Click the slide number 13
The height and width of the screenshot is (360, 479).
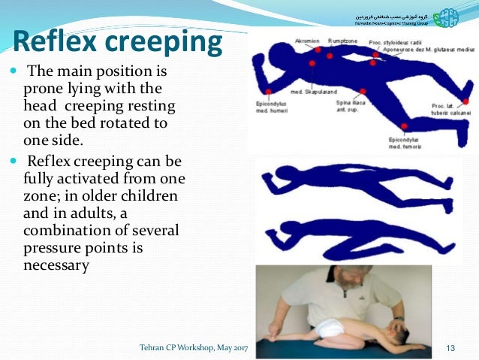pyautogui.click(x=451, y=346)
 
